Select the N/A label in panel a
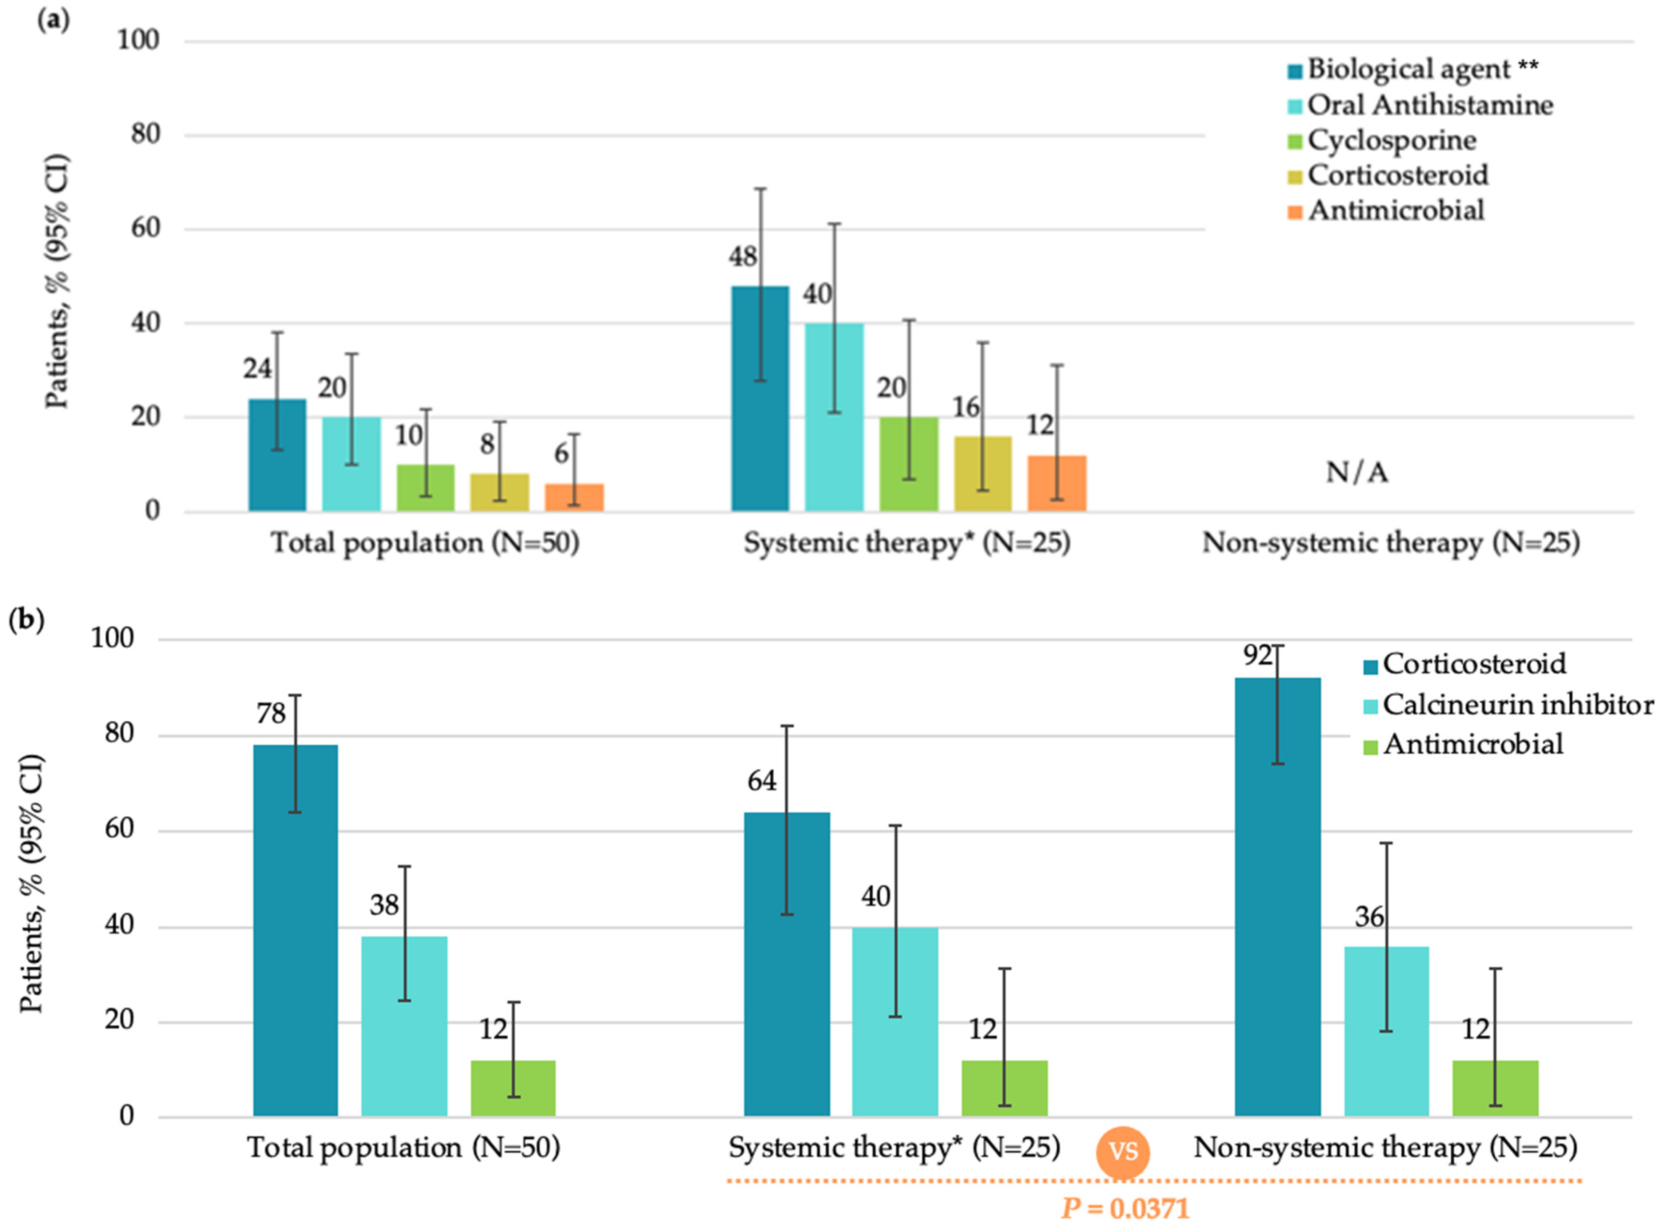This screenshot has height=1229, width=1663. [1356, 472]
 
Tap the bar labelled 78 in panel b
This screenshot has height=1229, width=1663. [295, 930]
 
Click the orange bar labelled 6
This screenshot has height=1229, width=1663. [574, 497]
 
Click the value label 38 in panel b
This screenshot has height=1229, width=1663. [384, 905]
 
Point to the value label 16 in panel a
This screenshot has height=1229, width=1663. [966, 408]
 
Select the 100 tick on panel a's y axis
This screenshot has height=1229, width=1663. [138, 40]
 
